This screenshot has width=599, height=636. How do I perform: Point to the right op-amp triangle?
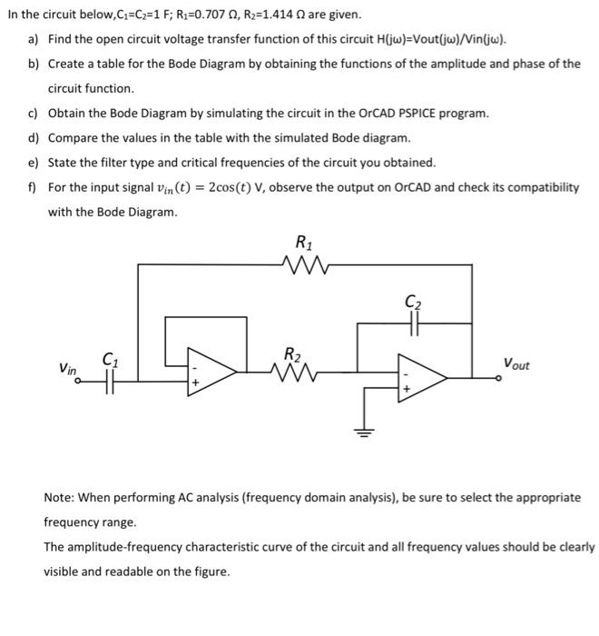point(421,375)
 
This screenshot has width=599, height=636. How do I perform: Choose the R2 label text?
point(292,353)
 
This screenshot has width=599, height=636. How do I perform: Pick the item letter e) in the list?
point(33,163)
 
